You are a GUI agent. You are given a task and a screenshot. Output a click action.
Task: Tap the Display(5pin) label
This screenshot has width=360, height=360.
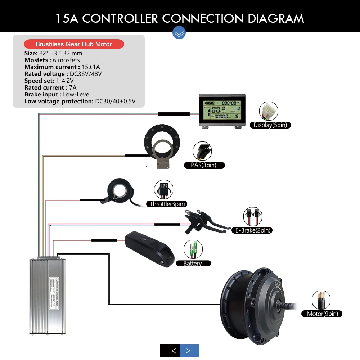[270, 125]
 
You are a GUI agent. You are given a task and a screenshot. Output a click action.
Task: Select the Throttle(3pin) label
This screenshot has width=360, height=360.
[168, 204]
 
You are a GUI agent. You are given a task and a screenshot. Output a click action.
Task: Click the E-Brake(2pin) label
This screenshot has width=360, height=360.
[252, 230]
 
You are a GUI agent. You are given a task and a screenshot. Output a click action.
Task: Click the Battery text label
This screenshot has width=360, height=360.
[193, 264]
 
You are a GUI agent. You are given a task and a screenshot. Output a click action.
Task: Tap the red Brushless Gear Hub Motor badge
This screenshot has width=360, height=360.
[74, 44]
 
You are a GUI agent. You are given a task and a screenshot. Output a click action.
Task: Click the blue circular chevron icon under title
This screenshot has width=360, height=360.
[179, 33]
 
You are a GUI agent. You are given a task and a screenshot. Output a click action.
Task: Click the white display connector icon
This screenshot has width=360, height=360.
[269, 111]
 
